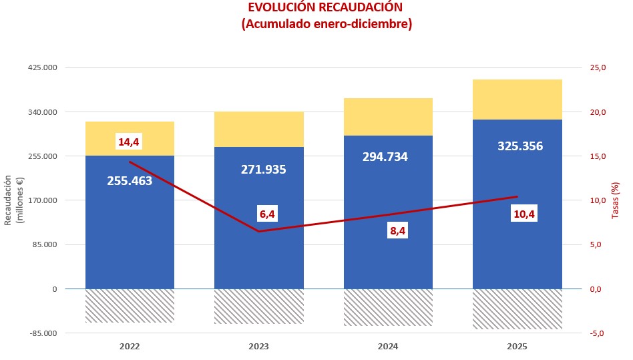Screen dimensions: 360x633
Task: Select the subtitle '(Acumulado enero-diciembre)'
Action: tap(327, 25)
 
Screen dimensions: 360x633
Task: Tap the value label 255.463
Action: tap(130, 181)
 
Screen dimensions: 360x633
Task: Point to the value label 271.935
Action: tap(263, 170)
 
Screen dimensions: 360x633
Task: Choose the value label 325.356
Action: tap(520, 146)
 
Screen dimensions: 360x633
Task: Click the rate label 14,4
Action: tap(129, 142)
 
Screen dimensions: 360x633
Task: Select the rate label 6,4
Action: tap(267, 214)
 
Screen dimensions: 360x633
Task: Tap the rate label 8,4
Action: tap(397, 231)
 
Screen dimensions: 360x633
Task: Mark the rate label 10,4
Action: tap(523, 214)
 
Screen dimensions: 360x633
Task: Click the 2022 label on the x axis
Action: tap(130, 347)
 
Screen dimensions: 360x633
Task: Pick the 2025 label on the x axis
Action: tap(517, 347)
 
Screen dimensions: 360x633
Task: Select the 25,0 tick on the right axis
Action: tap(596, 67)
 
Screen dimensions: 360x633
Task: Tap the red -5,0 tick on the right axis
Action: tap(596, 333)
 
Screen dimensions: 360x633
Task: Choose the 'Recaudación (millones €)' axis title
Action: tap(14, 200)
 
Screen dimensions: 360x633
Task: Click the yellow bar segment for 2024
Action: tap(388, 117)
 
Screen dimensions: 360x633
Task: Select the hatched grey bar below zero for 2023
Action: tap(258, 307)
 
